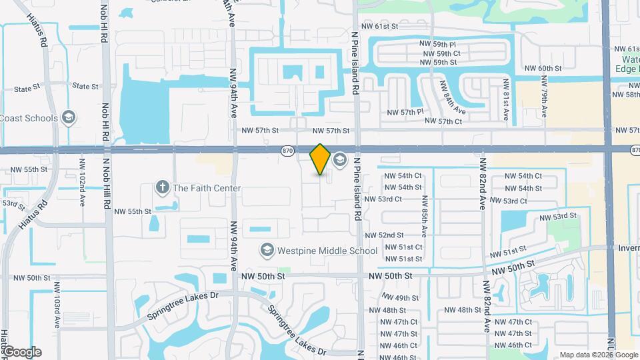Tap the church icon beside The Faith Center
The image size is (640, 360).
(162, 188)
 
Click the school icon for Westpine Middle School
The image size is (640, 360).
(267, 250)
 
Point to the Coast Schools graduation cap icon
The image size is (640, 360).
(67, 118)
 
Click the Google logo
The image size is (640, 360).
(22, 352)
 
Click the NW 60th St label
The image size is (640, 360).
(543, 69)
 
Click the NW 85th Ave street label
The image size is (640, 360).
(424, 215)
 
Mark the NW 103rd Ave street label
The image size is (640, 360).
(58, 310)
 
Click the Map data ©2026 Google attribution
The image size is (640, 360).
(598, 355)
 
